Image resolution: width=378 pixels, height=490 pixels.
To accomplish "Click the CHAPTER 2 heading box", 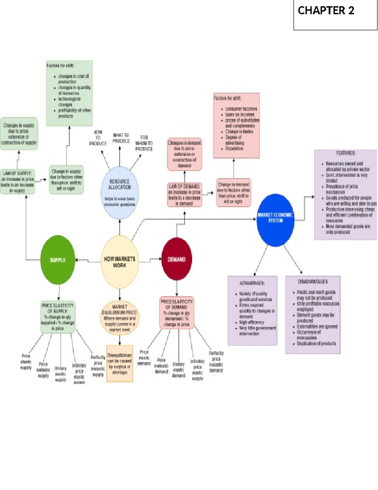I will [335, 15].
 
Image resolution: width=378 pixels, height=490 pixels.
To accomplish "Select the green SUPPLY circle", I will [58, 260].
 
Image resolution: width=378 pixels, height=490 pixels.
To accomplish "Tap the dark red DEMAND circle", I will [176, 259].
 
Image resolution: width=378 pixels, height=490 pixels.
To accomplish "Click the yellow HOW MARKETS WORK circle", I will [119, 262].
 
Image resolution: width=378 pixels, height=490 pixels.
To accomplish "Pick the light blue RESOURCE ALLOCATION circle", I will [119, 192].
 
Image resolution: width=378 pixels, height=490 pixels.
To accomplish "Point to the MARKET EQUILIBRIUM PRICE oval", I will [119, 318].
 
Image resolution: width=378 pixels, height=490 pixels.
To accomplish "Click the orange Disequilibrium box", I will [119, 363].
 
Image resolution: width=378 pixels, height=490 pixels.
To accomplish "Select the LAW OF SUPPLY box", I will [17, 182].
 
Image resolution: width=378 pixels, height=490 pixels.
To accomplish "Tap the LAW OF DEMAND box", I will [184, 195].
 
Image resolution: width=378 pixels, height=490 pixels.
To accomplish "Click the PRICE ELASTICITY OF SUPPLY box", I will [58, 317].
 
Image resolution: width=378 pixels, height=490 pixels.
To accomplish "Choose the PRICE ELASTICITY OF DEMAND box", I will [176, 313].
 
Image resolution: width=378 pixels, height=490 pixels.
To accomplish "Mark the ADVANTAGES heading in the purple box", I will [252, 283].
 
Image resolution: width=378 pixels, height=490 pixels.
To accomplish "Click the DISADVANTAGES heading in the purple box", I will [312, 281].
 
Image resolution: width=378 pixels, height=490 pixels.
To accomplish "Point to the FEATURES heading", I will [346, 153].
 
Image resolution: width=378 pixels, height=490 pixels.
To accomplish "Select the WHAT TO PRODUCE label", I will [121, 138].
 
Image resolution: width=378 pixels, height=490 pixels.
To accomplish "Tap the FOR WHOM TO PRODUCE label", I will [144, 143].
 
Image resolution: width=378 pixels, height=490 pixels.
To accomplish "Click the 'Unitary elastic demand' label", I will [179, 370].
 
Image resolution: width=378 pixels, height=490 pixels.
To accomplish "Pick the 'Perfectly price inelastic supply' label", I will [98, 366].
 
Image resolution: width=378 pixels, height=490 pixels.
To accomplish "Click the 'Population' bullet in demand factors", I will [234, 148].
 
